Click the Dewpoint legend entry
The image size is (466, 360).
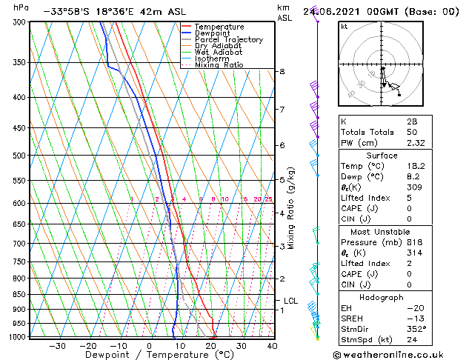coord(215,33)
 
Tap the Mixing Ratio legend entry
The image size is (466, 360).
coord(219,65)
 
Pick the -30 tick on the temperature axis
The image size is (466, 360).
coord(57,345)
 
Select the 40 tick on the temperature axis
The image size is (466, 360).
coord(272,345)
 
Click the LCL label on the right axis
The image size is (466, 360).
coord(290,301)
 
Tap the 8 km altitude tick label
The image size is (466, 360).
coord(282,71)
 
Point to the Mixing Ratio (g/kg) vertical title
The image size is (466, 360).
coord(292,208)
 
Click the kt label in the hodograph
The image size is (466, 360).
coord(344,26)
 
